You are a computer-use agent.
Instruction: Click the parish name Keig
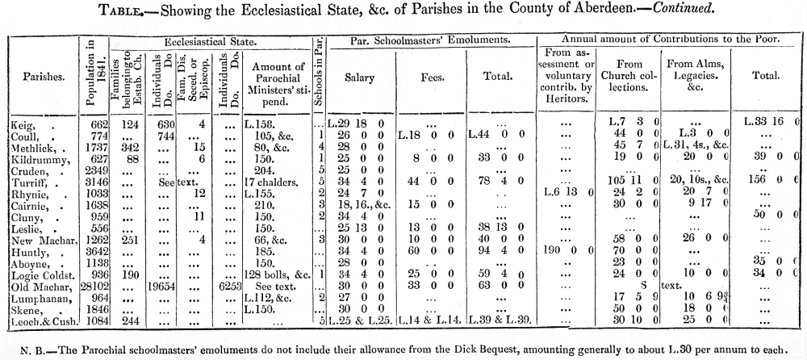click(x=22, y=124)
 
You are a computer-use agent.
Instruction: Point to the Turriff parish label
click(x=27, y=182)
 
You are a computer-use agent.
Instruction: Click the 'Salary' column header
click(x=359, y=77)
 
